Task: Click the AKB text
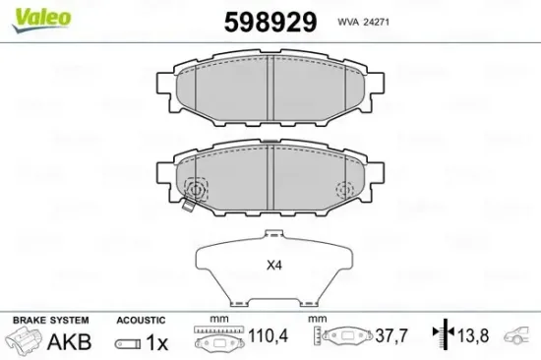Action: click(70, 342)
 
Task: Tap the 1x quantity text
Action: click(155, 342)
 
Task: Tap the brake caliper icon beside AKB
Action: click(24, 341)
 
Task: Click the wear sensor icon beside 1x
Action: click(127, 343)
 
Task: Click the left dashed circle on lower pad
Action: click(196, 189)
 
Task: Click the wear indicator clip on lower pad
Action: click(187, 208)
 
